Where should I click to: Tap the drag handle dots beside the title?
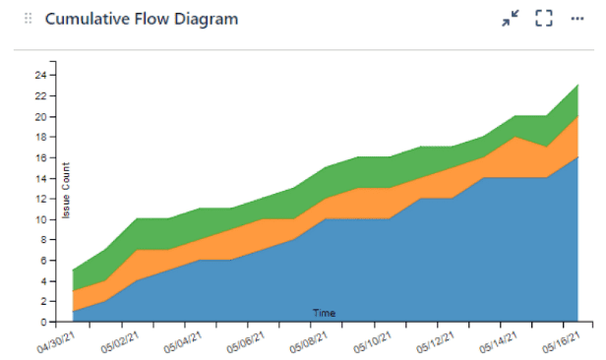click(28, 19)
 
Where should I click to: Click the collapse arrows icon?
click(510, 19)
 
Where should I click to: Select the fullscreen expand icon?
click(543, 19)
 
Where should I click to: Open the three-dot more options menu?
click(576, 19)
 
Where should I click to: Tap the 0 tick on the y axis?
click(45, 323)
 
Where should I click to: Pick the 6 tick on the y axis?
click(45, 261)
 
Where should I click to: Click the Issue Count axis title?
click(66, 190)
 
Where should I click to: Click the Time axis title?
click(325, 313)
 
